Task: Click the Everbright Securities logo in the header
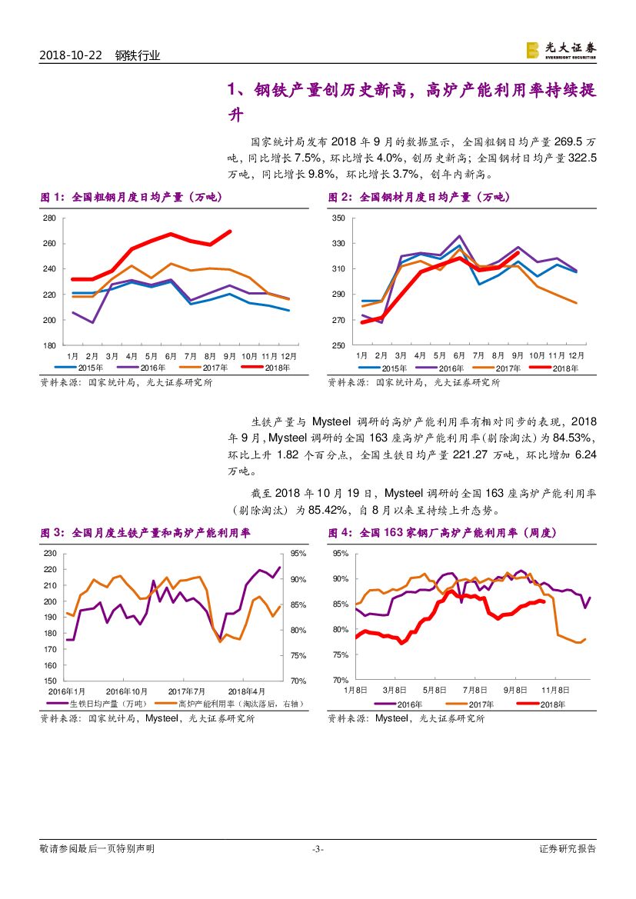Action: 560,50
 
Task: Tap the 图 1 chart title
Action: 130,198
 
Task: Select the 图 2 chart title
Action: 418,198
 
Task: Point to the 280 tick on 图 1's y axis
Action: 49,218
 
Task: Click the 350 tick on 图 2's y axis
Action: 338,218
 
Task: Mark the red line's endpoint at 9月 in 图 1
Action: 229,231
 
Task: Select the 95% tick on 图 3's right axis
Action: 300,553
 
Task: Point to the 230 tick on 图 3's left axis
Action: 49,553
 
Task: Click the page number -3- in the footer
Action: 318,849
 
